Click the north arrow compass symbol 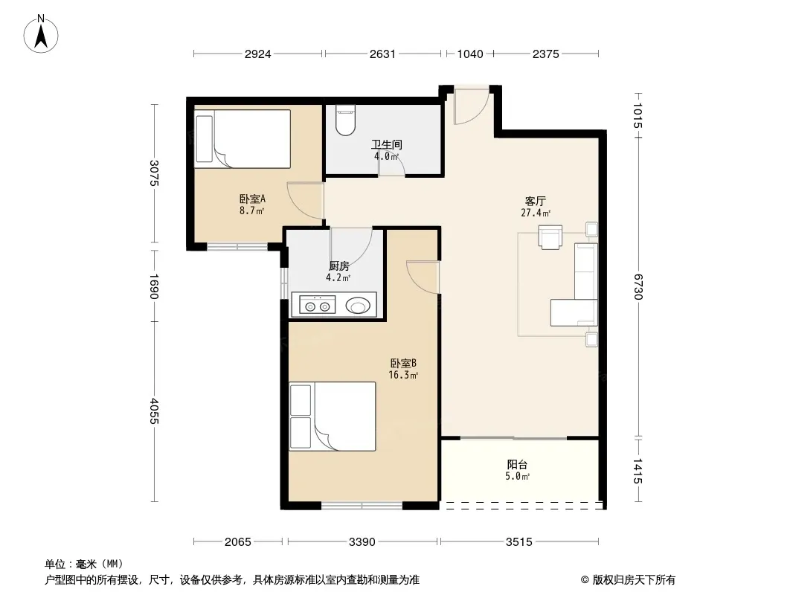[41, 34]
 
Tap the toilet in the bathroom [346, 120]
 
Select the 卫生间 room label [386, 144]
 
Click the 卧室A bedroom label [252, 199]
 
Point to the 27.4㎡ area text [536, 213]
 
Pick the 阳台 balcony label [517, 464]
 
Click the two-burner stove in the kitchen [317, 305]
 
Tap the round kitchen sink [358, 306]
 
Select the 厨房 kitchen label [338, 266]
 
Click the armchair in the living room [550, 237]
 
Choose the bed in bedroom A [243, 139]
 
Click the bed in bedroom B [333, 416]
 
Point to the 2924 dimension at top [258, 54]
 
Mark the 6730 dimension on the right [638, 286]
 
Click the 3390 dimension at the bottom [362, 542]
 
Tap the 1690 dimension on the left [154, 286]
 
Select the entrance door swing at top [472, 106]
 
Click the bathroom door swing [393, 164]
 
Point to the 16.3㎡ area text [403, 375]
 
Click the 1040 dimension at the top [470, 54]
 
